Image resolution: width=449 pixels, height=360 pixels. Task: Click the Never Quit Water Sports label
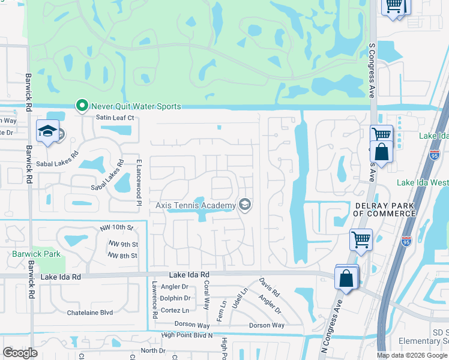(137, 106)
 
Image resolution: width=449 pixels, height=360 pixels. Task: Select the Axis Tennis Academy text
(196, 206)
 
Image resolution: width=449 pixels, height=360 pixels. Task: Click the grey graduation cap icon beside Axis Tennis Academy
(244, 205)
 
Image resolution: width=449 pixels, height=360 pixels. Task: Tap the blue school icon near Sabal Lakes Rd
(47, 132)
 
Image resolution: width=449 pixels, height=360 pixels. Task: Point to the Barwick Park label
(37, 254)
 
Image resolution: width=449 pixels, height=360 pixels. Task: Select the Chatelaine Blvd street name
(90, 313)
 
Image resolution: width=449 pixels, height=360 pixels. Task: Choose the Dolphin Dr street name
(175, 298)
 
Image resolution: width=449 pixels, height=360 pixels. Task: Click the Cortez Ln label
(174, 310)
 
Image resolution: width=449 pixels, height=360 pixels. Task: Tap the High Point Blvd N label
(187, 335)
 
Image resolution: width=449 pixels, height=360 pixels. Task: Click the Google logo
(20, 353)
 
